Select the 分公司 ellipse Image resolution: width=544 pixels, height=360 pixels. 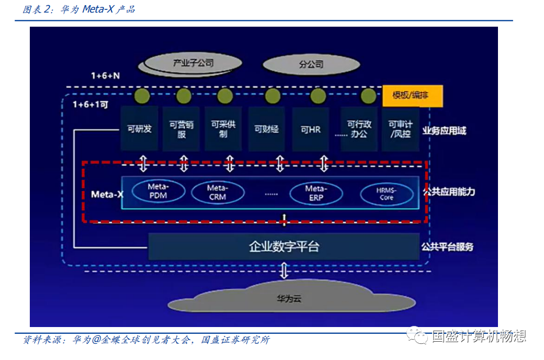[311, 65]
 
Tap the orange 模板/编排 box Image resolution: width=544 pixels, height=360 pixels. [413, 96]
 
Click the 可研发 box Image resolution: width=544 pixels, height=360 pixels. [139, 129]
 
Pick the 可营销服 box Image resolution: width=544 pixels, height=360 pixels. [182, 129]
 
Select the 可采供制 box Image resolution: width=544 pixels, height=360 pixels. [223, 129]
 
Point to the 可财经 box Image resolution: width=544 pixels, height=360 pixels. [266, 129]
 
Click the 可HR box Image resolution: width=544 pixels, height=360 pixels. [310, 129]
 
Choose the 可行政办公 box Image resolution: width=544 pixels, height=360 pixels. [359, 129]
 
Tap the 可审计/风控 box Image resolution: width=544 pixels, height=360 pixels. [400, 129]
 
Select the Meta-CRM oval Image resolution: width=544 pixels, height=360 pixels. [217, 193]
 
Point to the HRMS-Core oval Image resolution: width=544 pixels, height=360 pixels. [387, 194]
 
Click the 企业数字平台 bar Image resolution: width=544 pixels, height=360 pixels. [284, 246]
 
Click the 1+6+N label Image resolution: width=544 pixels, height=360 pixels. [105, 75]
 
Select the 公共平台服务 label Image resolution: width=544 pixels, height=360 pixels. [447, 246]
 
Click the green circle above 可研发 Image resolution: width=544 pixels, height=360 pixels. [141, 96]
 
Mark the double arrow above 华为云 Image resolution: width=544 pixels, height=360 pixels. [284, 271]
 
